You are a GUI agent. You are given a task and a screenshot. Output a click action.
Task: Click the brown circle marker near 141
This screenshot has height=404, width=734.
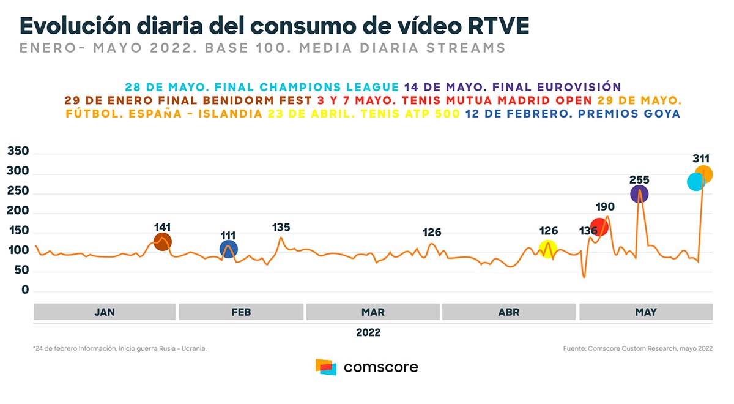click(162, 242)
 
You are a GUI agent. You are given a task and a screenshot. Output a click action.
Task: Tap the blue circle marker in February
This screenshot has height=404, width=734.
click(229, 249)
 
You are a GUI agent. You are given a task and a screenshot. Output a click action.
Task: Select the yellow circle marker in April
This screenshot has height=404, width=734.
click(548, 249)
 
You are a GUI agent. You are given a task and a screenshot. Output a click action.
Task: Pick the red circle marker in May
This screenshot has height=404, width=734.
click(599, 227)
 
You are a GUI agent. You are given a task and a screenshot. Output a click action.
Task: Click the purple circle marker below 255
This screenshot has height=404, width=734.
click(639, 194)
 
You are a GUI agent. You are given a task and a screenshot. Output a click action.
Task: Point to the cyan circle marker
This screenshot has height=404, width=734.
click(695, 182)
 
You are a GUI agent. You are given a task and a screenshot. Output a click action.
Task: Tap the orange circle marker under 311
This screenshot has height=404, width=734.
click(704, 174)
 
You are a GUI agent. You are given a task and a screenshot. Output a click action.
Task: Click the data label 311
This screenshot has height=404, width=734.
click(701, 159)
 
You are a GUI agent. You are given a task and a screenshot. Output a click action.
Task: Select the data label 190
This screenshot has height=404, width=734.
click(605, 208)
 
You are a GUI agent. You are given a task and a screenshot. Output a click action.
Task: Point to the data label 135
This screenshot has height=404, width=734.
click(281, 228)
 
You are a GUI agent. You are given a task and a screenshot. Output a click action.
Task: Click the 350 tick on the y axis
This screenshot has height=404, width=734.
click(18, 152)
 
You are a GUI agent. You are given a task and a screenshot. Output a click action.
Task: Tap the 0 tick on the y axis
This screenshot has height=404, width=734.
click(25, 290)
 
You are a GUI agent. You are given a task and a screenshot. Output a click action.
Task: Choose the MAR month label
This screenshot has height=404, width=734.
click(373, 312)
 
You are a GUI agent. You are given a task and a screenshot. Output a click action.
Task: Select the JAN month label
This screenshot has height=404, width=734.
click(105, 312)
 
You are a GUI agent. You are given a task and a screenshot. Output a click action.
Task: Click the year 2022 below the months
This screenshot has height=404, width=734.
click(368, 332)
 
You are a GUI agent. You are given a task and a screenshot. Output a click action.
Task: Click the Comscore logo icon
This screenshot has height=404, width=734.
click(326, 367)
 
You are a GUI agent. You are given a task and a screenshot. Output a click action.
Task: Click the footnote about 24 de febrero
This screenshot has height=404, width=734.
click(120, 348)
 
